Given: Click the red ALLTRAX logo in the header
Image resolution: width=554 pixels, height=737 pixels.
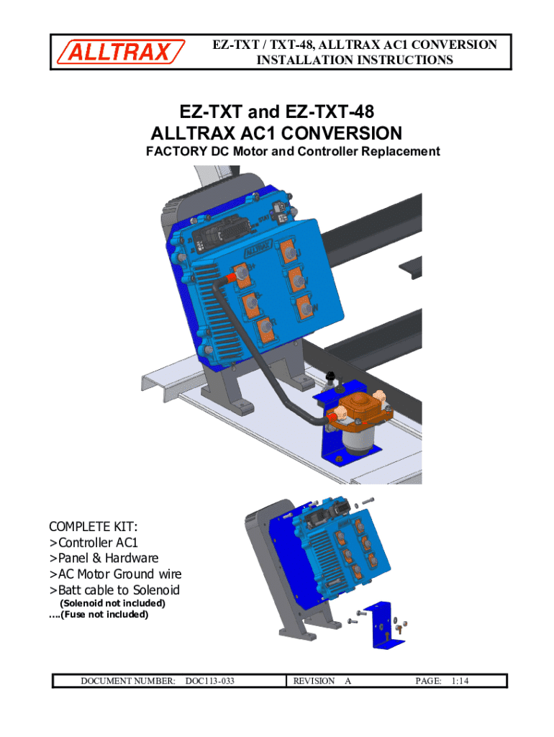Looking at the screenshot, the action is click(121, 52).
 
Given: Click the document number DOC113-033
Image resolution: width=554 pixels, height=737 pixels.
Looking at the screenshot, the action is click(209, 681).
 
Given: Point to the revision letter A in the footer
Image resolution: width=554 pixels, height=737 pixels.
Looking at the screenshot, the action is click(348, 681).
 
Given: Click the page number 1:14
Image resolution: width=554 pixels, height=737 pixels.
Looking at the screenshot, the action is click(460, 681).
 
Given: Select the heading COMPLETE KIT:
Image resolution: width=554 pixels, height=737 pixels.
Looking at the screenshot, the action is click(93, 526).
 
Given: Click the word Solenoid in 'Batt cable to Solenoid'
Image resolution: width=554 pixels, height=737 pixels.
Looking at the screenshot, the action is click(156, 590).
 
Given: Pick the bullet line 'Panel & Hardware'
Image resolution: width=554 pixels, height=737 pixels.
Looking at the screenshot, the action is click(104, 558).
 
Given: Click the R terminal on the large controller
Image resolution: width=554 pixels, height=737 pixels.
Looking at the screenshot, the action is click(265, 328).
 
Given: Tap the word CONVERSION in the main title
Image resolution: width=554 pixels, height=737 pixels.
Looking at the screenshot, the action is click(342, 133).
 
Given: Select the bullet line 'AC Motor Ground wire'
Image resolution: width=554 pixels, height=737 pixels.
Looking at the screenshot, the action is click(116, 574).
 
